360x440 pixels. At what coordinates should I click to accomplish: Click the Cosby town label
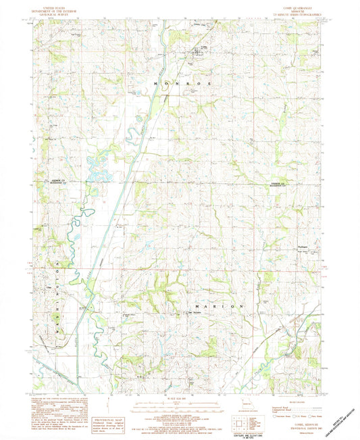click(200, 48)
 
